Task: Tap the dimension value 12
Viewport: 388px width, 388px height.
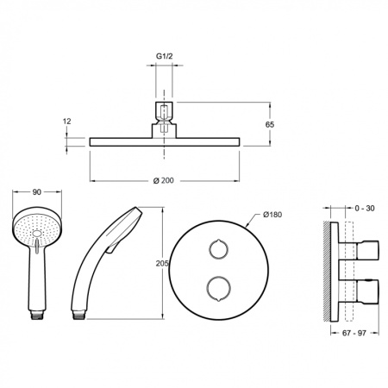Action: [66, 122]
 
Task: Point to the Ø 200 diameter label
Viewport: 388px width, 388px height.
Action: [164, 179]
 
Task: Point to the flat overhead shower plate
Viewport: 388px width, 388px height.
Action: [164, 141]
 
